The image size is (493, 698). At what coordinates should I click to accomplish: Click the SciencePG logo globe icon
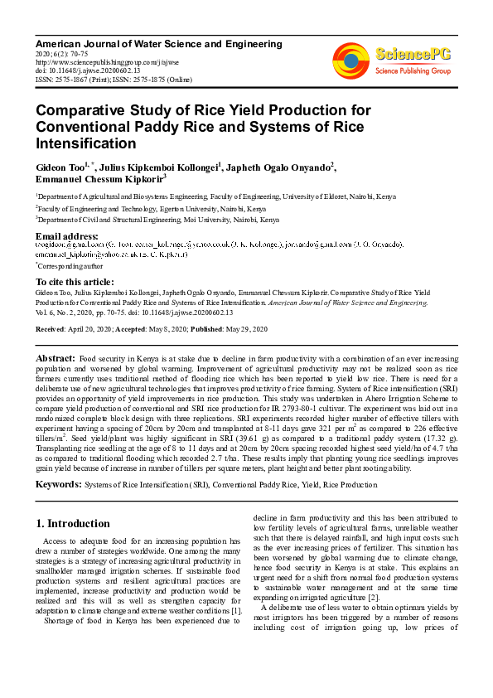click(x=350, y=59)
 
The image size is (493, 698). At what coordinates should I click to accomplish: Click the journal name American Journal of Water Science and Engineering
click(x=158, y=43)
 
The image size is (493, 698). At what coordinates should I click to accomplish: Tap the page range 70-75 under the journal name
click(x=73, y=53)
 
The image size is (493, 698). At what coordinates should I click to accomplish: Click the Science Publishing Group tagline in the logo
click(x=412, y=71)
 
